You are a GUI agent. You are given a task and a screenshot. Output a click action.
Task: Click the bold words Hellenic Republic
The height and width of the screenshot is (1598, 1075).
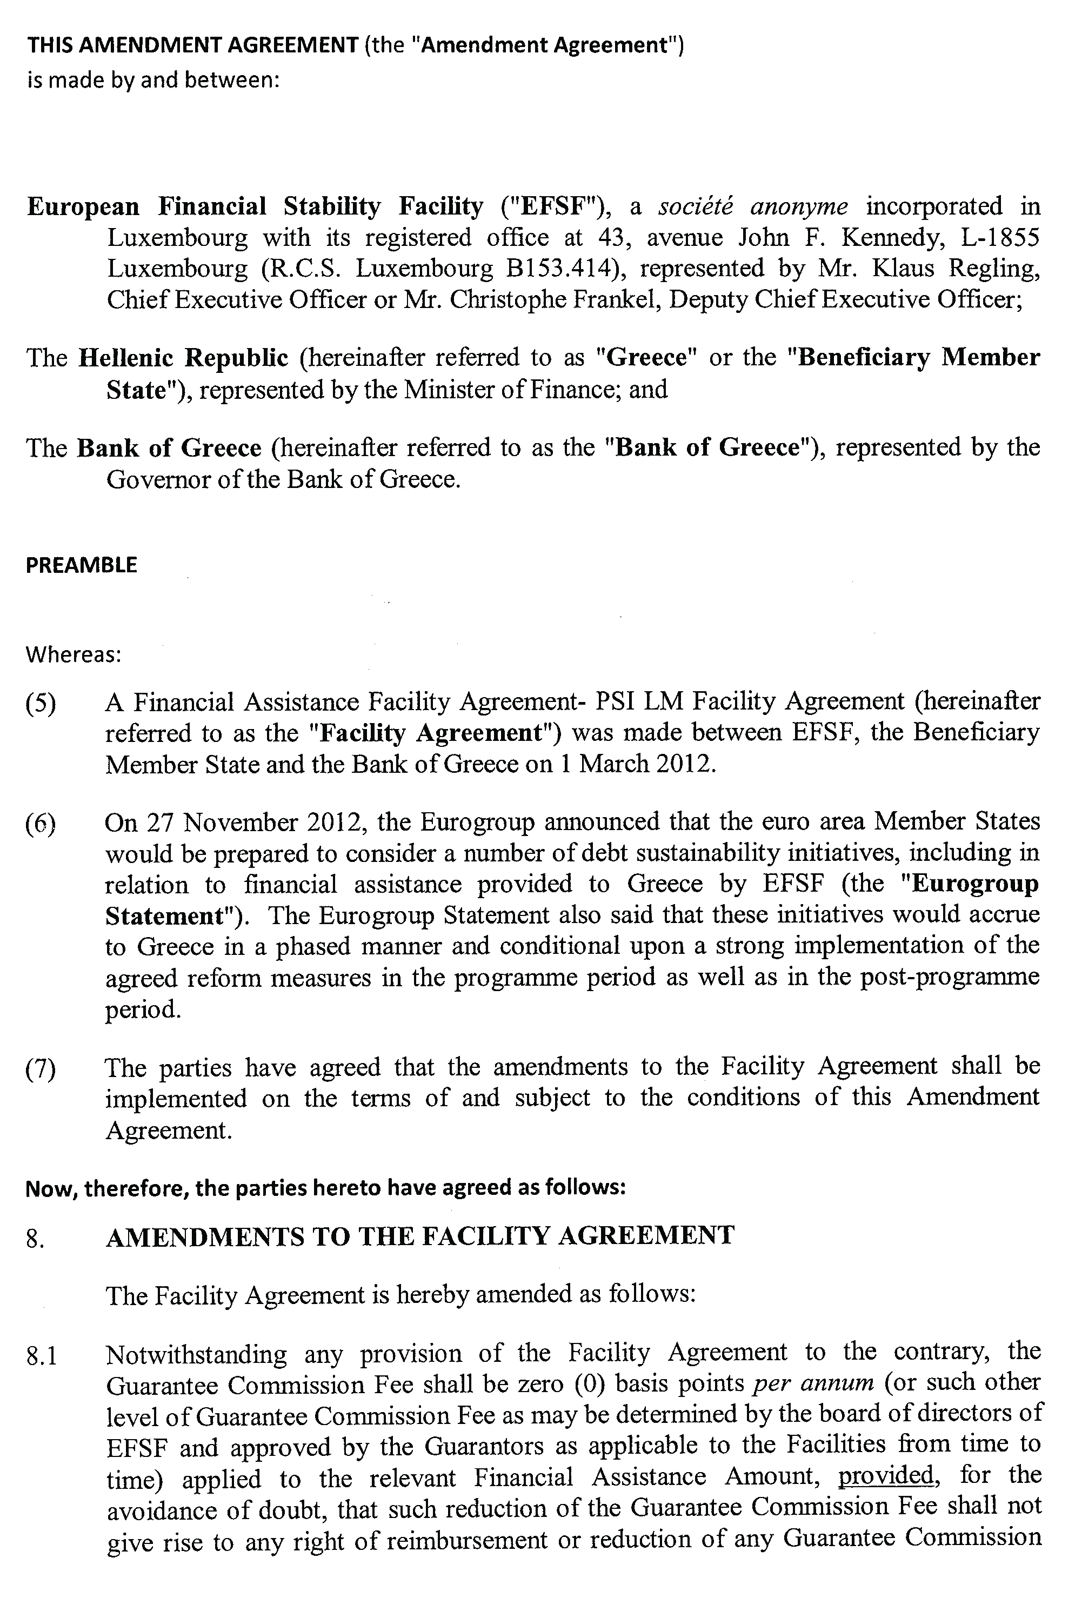click(183, 358)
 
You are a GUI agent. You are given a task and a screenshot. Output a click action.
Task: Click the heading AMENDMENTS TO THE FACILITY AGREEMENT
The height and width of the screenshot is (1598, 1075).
click(419, 1236)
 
